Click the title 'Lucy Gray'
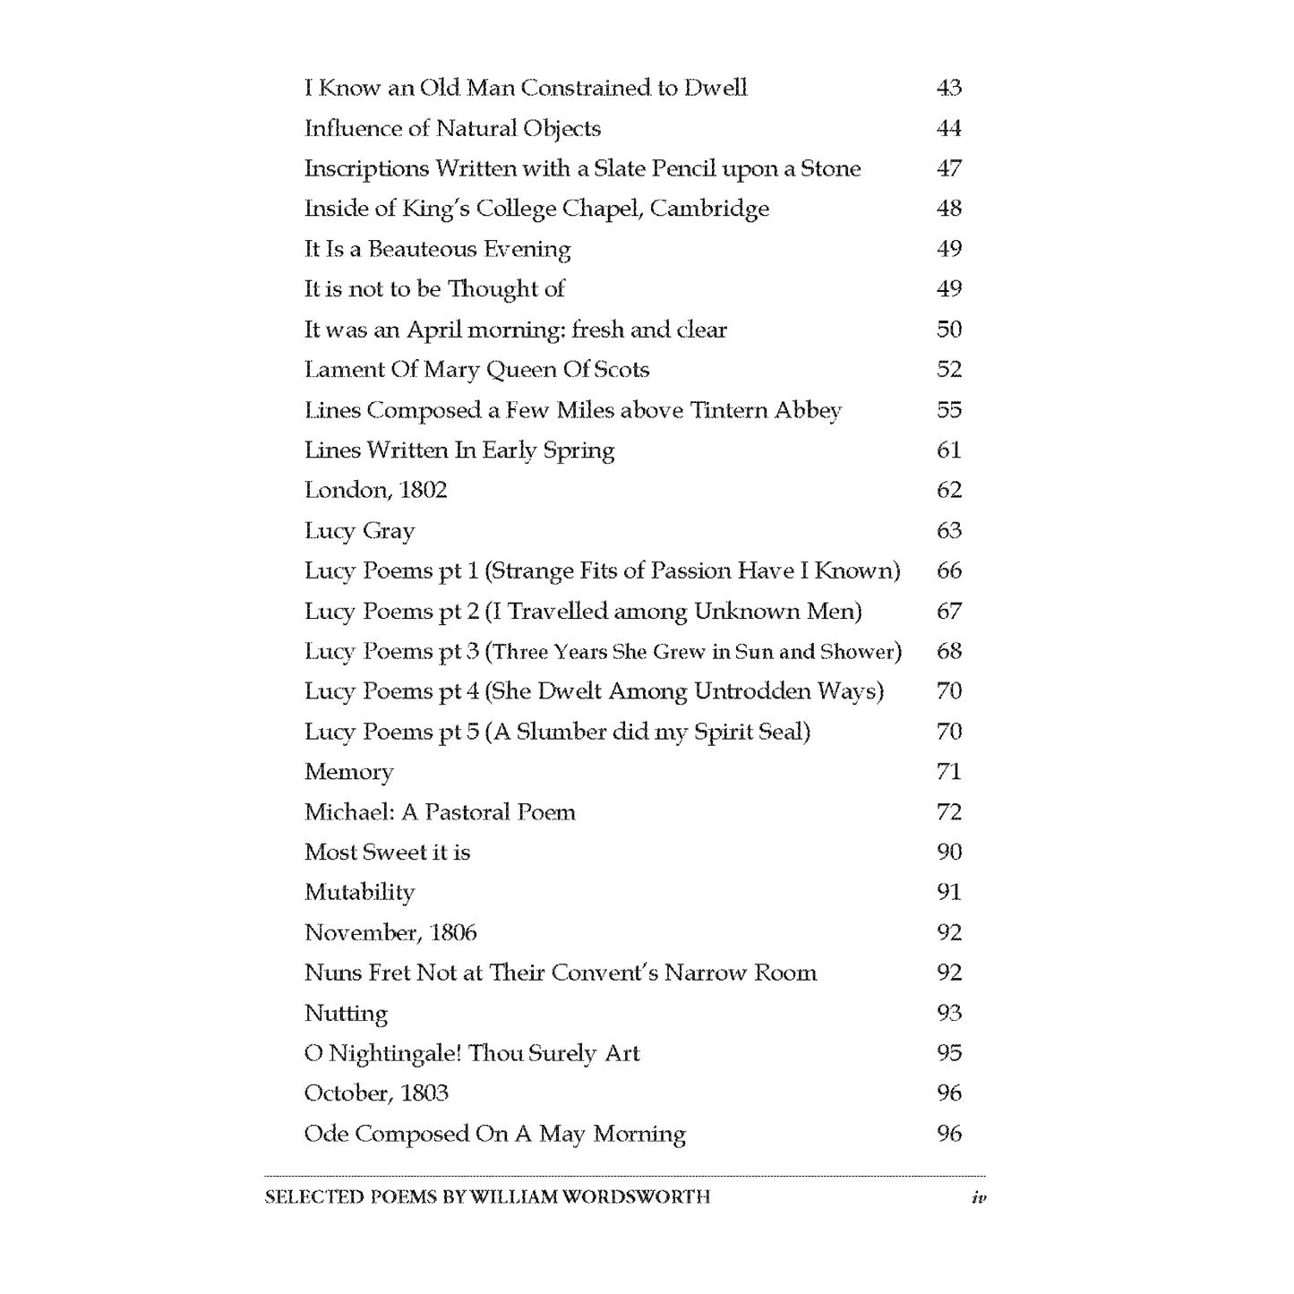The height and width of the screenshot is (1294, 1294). [359, 531]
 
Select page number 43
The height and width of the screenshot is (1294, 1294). [948, 88]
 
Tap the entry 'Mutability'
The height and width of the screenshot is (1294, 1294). [359, 893]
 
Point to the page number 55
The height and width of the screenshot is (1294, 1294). [948, 410]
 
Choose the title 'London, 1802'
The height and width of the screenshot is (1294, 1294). [375, 490]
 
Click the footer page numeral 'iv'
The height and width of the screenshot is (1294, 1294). [978, 1197]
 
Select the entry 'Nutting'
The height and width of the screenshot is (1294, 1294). [346, 1014]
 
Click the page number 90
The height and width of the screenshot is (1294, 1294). [948, 852]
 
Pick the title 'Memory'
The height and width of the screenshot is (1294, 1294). [348, 772]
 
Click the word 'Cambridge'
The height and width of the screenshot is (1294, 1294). [709, 209]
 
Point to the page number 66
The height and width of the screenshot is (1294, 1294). [948, 570]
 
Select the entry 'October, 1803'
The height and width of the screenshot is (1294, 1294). [376, 1093]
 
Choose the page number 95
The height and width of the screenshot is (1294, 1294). [948, 1053]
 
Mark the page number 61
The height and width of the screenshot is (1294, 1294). [948, 450]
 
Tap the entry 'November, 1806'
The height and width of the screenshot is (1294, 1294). [390, 933]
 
